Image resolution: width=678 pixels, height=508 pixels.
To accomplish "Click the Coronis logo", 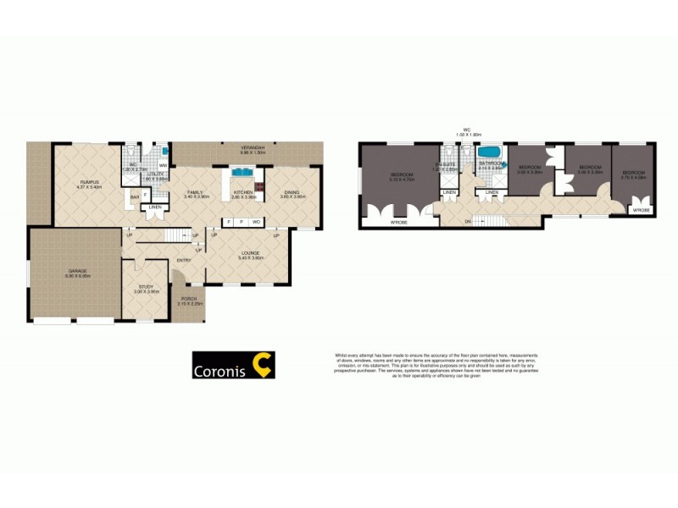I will [231, 365].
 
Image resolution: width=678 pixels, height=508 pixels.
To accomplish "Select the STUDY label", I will [146, 287].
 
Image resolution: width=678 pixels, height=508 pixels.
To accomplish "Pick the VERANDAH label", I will [253, 148].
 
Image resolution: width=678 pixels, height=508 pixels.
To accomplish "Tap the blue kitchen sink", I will [241, 172].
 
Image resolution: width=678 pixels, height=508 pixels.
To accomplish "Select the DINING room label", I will [292, 193].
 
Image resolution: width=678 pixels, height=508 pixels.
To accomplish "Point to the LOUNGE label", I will [251, 252].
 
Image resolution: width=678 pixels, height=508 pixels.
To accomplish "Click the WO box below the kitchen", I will [255, 222].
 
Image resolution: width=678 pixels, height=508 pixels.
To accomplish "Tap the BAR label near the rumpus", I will [133, 197].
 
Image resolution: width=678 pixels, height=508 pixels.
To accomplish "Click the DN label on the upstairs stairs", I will [468, 223].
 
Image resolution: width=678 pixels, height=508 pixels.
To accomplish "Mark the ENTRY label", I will [183, 260].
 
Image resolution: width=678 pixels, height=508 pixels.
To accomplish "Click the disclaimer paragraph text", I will [437, 365].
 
